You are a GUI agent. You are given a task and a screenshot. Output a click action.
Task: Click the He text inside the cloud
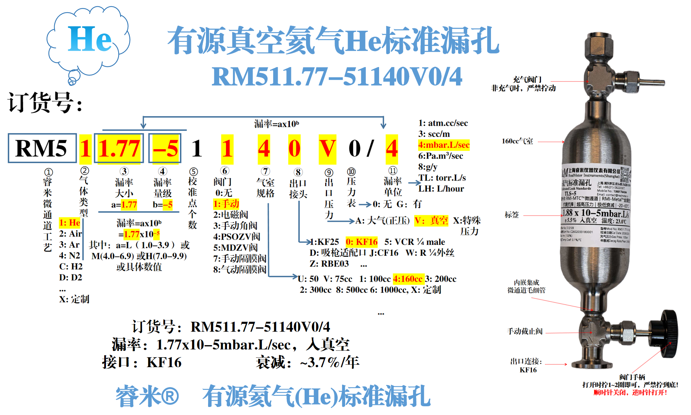90,39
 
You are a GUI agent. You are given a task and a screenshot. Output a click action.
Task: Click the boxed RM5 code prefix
42,148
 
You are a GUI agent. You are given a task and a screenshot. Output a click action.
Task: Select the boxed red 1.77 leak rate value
119,148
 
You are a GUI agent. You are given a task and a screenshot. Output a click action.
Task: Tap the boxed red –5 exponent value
165,148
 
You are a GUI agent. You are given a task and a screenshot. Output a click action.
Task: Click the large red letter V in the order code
327,148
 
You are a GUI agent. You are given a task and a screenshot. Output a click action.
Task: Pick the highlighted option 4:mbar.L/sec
444,145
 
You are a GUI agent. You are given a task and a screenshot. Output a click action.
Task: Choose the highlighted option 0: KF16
362,242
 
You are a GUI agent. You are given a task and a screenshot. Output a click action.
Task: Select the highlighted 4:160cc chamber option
408,279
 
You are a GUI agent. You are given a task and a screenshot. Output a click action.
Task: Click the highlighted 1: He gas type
70,223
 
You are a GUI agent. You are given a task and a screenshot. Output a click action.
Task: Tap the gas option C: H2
71,266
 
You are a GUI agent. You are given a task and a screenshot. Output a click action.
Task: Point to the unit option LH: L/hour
441,189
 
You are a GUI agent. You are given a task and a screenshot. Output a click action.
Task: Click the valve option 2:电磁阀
230,214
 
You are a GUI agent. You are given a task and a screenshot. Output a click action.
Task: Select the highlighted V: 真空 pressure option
431,220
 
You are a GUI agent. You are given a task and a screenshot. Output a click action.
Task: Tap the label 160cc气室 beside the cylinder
517,141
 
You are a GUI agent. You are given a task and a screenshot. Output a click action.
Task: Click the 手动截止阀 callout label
525,331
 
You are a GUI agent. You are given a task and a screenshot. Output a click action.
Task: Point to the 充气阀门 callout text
527,80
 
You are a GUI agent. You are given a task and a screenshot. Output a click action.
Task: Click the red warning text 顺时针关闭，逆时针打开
630,392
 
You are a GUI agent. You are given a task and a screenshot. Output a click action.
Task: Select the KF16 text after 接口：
164,362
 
